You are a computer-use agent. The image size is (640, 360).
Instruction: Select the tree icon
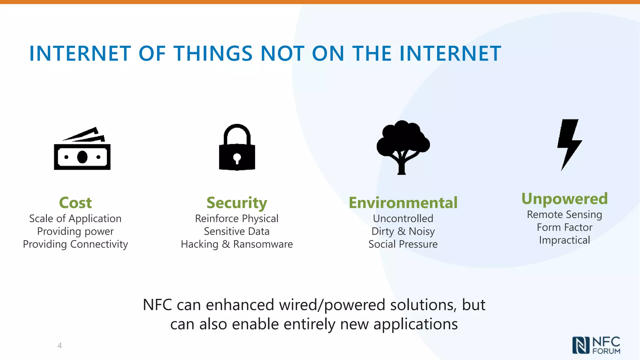[403, 147]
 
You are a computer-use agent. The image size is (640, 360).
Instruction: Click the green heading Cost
[75, 202]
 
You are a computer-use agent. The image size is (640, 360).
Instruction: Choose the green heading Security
[237, 203]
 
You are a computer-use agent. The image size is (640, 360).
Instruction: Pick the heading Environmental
[403, 202]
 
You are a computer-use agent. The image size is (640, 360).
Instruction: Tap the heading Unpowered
[564, 199]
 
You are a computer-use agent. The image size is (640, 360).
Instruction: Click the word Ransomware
[263, 244]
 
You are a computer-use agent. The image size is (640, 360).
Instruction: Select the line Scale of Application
[75, 218]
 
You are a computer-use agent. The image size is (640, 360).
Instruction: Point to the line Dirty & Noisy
[403, 231]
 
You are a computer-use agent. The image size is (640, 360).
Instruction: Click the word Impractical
[564, 240]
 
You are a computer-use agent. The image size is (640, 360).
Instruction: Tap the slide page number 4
[60, 345]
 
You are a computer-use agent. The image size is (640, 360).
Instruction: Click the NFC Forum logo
[596, 345]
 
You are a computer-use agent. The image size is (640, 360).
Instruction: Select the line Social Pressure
[403, 244]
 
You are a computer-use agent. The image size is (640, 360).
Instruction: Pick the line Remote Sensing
[564, 215]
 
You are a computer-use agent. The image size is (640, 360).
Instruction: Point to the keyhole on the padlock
[237, 157]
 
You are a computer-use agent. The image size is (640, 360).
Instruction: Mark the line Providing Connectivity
[75, 244]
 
